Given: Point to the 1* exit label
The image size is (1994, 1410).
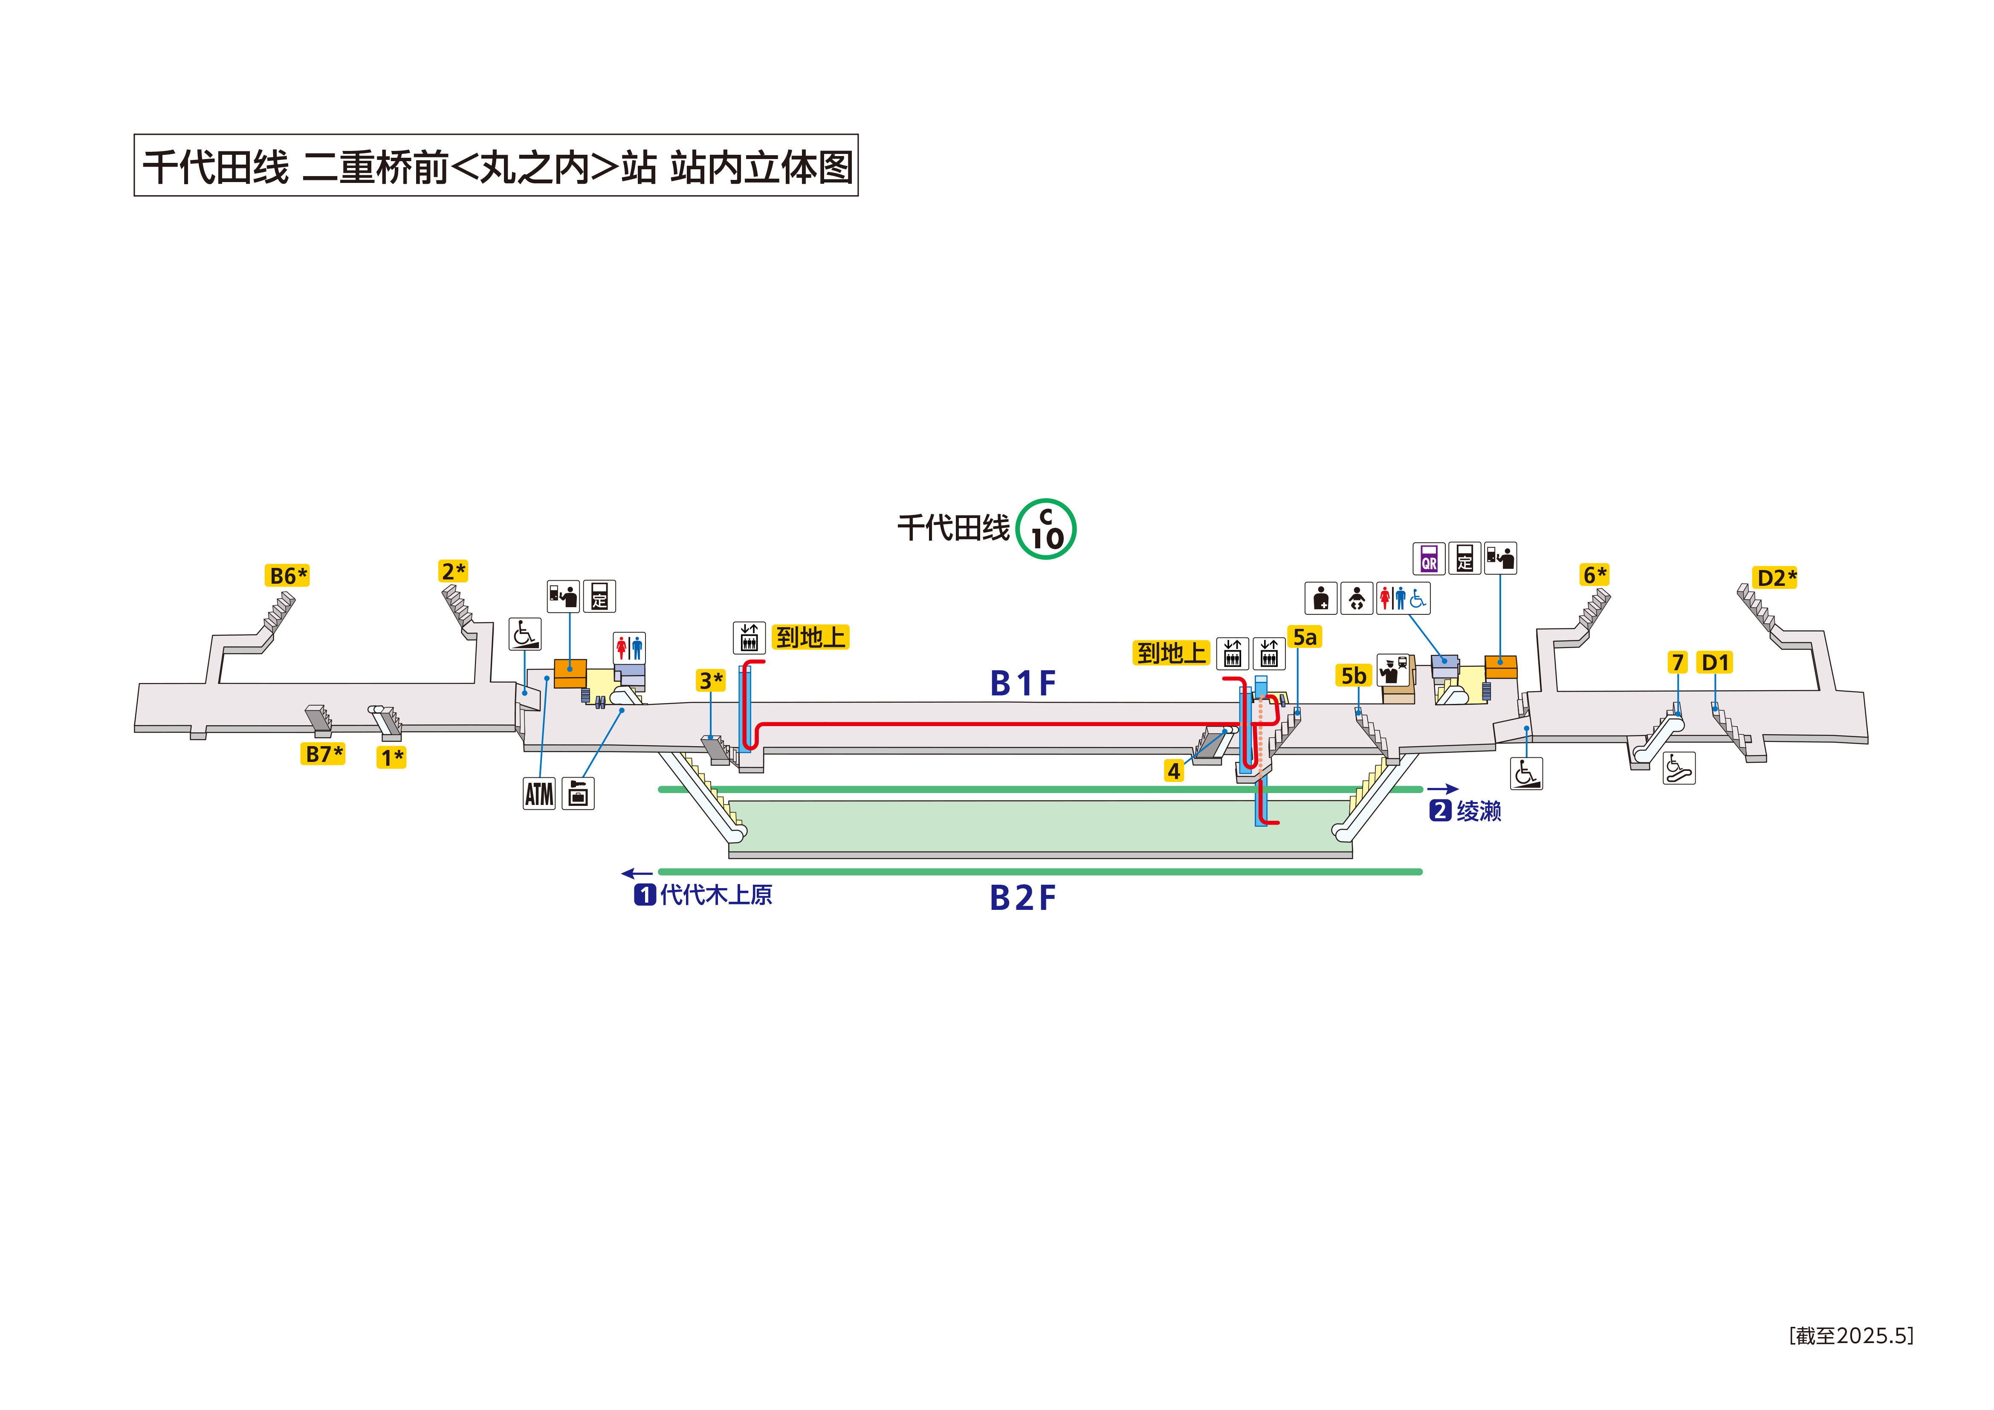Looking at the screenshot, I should tap(392, 758).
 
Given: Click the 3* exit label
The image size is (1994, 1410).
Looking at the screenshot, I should tap(710, 680).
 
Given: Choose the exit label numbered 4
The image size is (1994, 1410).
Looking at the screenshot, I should tap(1173, 770).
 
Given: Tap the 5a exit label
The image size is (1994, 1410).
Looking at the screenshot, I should tap(1305, 637).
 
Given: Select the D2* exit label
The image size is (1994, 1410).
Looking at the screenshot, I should tap(1776, 578).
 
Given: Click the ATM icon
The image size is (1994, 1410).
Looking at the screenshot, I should tap(539, 793).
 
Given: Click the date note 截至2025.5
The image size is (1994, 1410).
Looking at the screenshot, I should tap(1851, 1335).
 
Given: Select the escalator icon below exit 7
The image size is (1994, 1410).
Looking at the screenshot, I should tap(1679, 768).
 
